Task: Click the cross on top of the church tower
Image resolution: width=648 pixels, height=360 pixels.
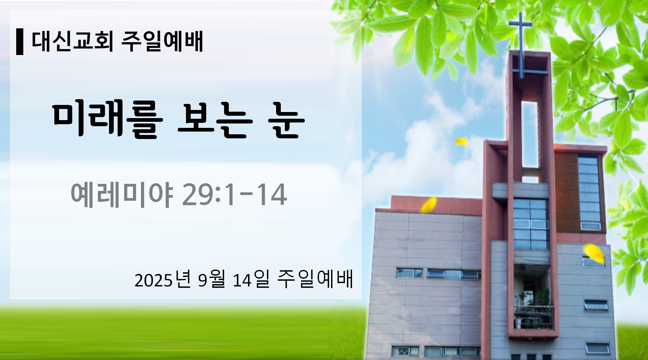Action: tap(521, 44)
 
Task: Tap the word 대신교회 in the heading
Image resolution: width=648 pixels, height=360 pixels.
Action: tap(73, 41)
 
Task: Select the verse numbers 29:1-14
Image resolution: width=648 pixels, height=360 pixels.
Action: tap(235, 195)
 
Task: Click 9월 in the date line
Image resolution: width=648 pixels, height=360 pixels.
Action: tap(211, 280)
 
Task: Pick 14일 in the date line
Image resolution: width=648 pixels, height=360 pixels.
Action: tap(251, 280)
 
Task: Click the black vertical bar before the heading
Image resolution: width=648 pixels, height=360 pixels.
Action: tap(20, 42)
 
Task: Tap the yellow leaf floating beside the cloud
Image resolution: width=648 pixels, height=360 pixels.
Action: tap(461, 142)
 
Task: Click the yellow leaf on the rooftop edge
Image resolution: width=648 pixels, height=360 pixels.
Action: tap(429, 204)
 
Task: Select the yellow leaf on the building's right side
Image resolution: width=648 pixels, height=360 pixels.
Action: tap(594, 253)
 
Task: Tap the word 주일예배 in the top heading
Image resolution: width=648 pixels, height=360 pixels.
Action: tap(162, 41)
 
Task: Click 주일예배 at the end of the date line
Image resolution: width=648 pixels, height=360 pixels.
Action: tap(315, 280)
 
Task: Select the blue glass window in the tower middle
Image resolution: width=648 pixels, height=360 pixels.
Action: tap(531, 224)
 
